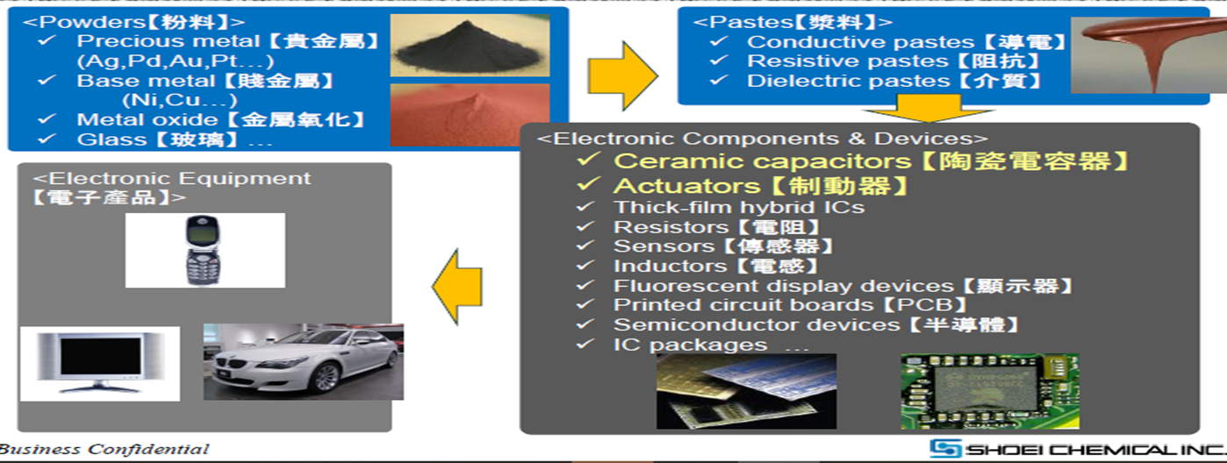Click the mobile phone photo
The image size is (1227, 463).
pos(204,250)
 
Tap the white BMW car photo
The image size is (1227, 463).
pos(304,362)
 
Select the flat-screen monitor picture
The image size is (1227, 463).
pos(100,364)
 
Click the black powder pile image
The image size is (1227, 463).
pos(470,46)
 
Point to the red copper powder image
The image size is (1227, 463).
pos(470,115)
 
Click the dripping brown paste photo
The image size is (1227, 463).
pos(1148,54)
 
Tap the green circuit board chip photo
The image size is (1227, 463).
pos(990,391)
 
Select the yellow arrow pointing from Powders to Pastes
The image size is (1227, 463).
pos(623,76)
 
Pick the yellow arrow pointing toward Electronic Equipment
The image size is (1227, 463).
pos(457,287)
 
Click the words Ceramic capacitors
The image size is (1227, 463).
pos(763,161)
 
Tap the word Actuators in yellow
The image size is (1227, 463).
pos(687,187)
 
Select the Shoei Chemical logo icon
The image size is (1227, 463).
pos(945,449)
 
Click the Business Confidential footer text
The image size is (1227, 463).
pos(104,449)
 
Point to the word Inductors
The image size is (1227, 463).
pos(670,267)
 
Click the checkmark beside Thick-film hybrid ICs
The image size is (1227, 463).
pos(585,207)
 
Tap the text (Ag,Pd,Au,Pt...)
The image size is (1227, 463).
pos(176,61)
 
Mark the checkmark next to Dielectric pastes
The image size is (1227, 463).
pos(719,81)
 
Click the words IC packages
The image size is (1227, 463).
pos(690,345)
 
